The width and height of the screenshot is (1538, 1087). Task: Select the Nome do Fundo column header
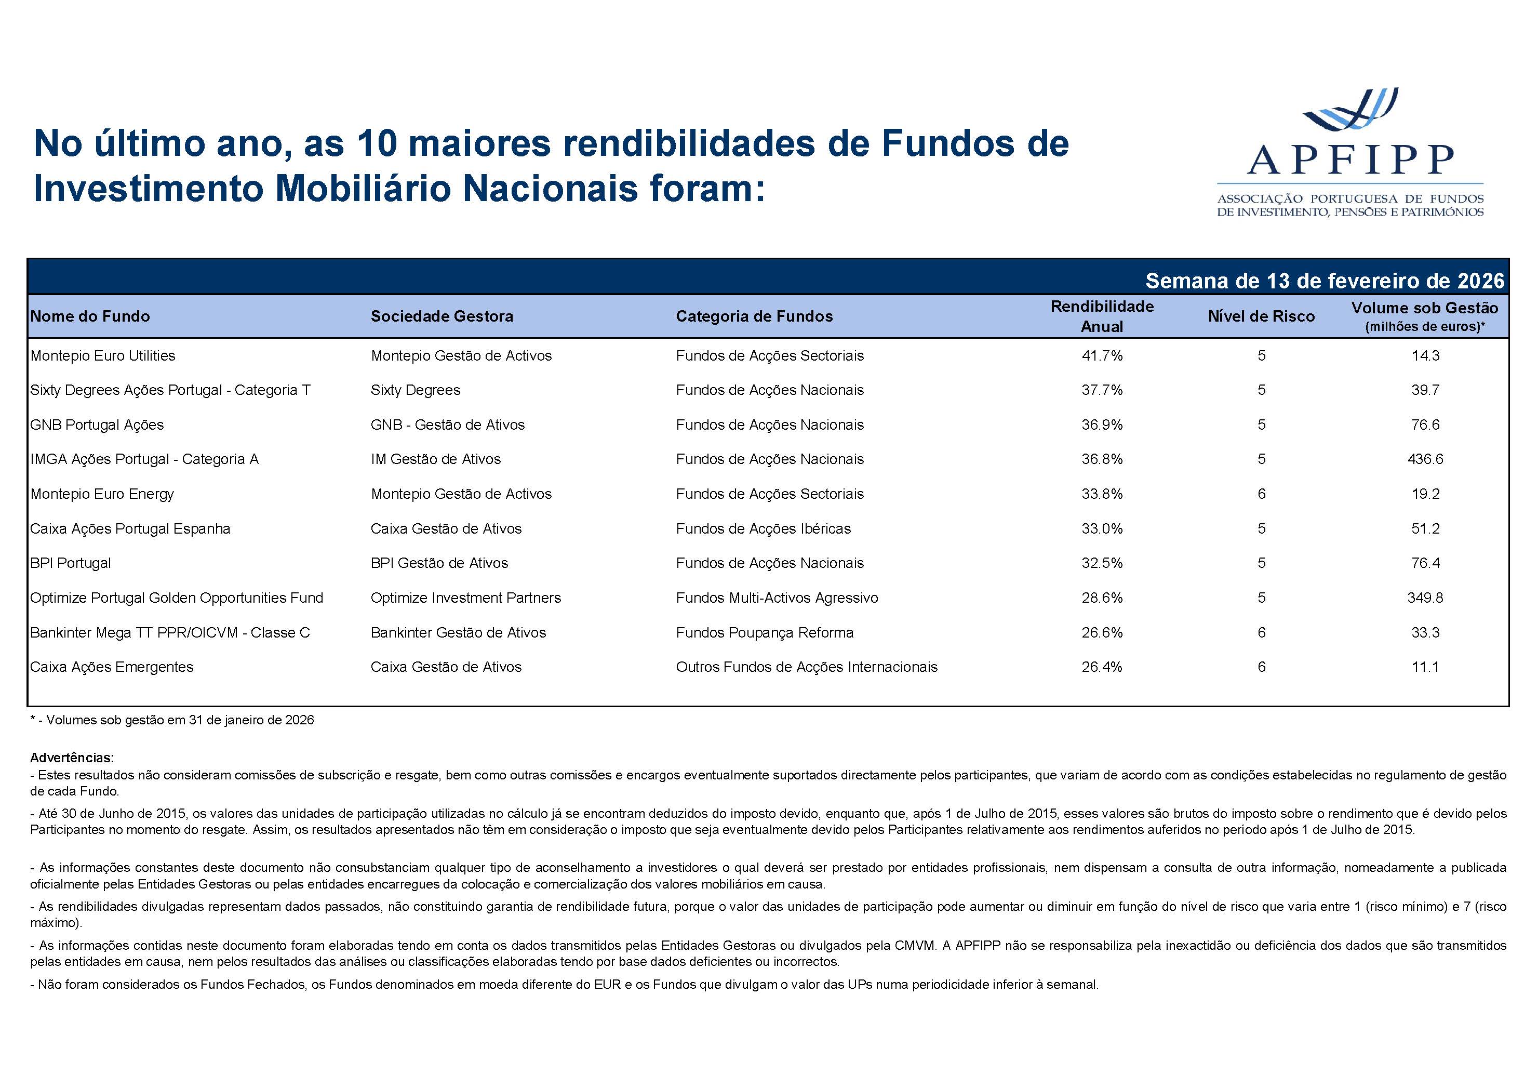tap(90, 316)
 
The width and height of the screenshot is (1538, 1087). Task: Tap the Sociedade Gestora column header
tap(442, 316)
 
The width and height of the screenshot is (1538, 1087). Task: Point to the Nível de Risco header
tap(1261, 316)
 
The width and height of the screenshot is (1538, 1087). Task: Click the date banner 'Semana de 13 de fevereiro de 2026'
tap(1325, 281)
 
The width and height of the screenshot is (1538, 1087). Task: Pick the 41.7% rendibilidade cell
tap(1102, 356)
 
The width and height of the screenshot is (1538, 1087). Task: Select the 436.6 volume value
tap(1425, 459)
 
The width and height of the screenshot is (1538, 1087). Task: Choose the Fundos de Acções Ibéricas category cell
tap(763, 529)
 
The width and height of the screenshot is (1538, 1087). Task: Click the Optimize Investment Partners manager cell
tap(465, 598)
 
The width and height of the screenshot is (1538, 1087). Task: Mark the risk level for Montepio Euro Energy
tap(1261, 494)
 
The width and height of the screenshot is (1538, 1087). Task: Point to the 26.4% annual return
tap(1102, 667)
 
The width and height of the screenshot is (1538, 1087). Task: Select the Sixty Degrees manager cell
tap(416, 390)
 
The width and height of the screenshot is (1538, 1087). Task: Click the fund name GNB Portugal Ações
tap(97, 425)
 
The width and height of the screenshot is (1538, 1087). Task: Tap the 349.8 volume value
tap(1425, 598)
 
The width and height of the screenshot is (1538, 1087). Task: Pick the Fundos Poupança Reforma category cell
tap(764, 633)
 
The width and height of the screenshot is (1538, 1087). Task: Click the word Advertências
tap(72, 758)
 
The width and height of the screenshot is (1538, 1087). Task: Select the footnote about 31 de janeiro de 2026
tap(172, 720)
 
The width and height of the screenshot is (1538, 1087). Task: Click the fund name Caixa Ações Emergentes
tap(112, 667)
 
